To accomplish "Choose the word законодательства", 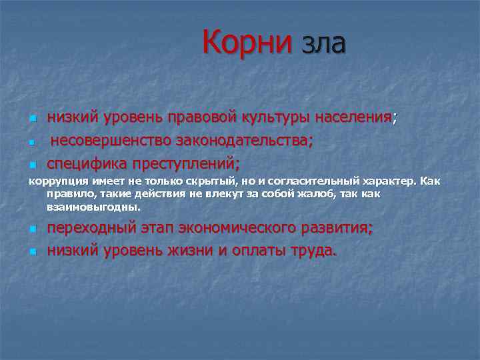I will [245, 141].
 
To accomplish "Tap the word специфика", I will [83, 163].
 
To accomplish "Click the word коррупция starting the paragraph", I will [55, 181].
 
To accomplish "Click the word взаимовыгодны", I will [93, 207].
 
